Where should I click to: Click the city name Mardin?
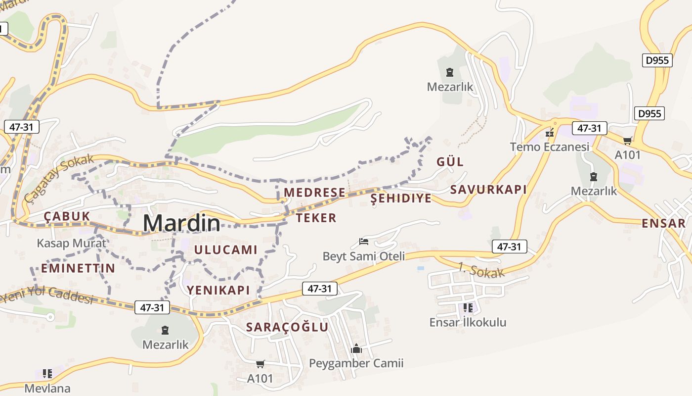pos(181,223)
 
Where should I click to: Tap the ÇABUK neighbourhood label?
pos(67,216)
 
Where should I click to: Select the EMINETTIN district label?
pos(78,268)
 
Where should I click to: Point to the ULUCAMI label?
pos(225,249)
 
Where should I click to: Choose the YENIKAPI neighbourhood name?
pos(218,290)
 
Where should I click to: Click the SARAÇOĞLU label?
pos(287,327)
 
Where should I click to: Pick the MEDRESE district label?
pos(314,193)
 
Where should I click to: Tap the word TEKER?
pos(316,218)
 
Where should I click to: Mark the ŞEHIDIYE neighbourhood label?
pos(401,198)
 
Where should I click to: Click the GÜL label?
pos(450,162)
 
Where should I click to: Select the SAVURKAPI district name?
pos(488,190)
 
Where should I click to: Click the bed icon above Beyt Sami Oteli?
pos(364,242)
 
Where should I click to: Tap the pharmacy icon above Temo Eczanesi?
pos(549,133)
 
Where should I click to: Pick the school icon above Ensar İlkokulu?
pos(468,308)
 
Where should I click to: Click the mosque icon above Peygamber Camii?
pos(356,349)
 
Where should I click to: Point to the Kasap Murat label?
pos(71,243)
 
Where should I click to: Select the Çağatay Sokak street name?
pos(58,178)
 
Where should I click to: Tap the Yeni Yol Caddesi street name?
pos(47,294)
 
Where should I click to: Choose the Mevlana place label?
pos(47,388)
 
